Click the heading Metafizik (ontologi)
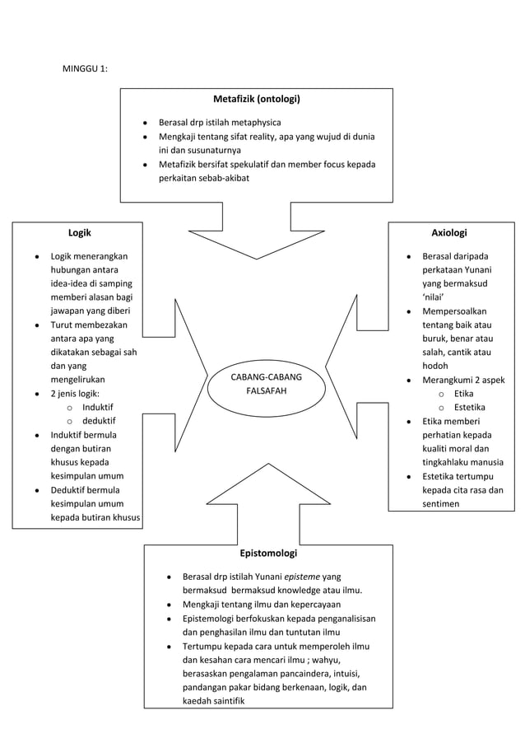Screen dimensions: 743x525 [256, 100]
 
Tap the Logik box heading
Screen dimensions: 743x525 [79, 233]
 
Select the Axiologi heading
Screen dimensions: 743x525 [449, 233]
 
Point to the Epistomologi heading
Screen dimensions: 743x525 [267, 553]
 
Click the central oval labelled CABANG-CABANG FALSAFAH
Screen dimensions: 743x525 [266, 384]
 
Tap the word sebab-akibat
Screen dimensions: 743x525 [222, 178]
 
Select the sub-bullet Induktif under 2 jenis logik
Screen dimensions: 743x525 [98, 407]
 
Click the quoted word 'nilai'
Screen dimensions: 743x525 [434, 297]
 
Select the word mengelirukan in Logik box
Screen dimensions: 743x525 [77, 380]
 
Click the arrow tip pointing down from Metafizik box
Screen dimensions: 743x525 [256, 258]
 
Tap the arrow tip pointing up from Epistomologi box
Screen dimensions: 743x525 [256, 466]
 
